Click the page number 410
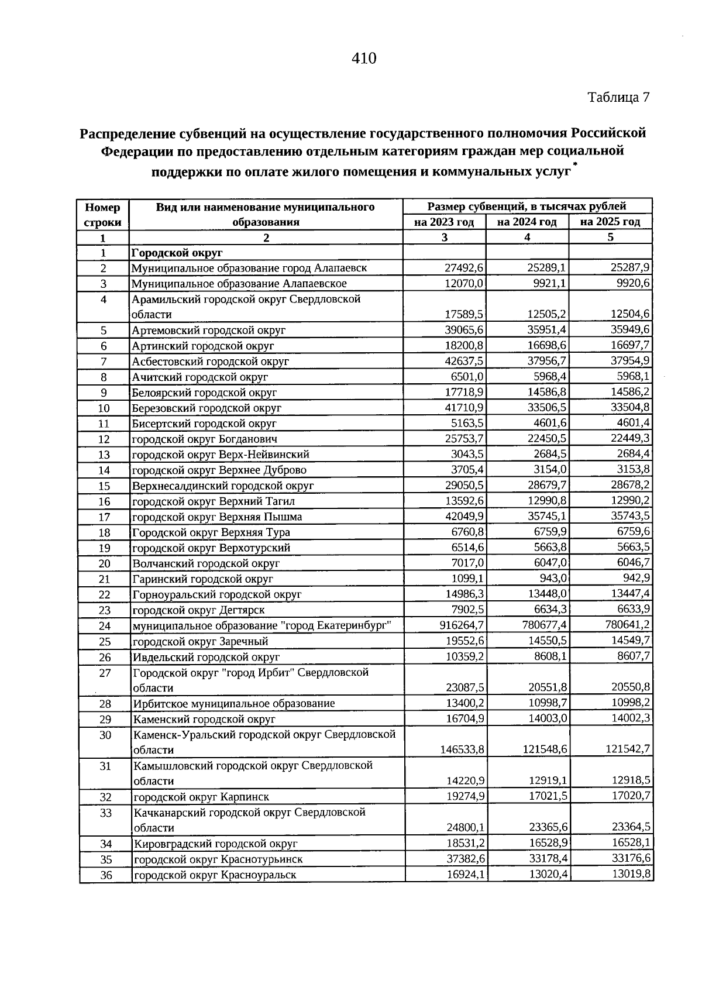coord(363,58)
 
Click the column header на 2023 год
coord(444,222)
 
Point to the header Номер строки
coord(103,214)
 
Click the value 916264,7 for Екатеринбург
coord(462,625)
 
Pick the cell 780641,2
coord(628,625)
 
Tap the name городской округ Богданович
coord(204,439)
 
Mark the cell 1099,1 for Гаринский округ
coord(467,579)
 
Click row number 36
coord(105,875)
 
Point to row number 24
coord(105,625)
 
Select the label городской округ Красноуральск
coord(215,875)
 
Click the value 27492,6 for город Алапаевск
coord(464,268)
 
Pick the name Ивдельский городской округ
coord(206,657)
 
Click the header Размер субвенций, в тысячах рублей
coord(526,206)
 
